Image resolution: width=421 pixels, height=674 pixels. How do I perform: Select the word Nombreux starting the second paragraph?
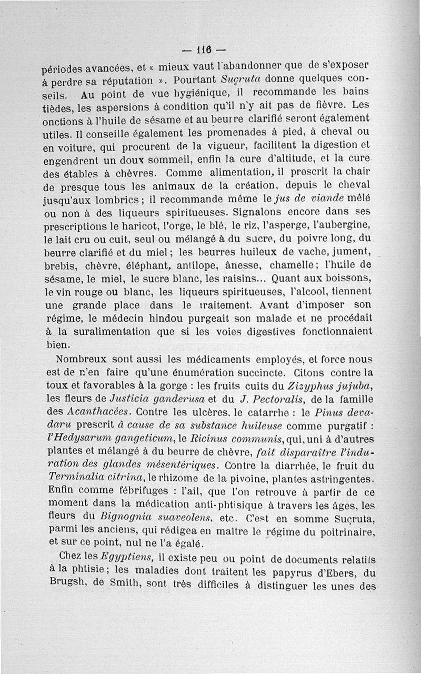[x=82, y=360]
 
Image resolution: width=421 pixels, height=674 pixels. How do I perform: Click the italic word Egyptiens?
[x=128, y=557]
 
